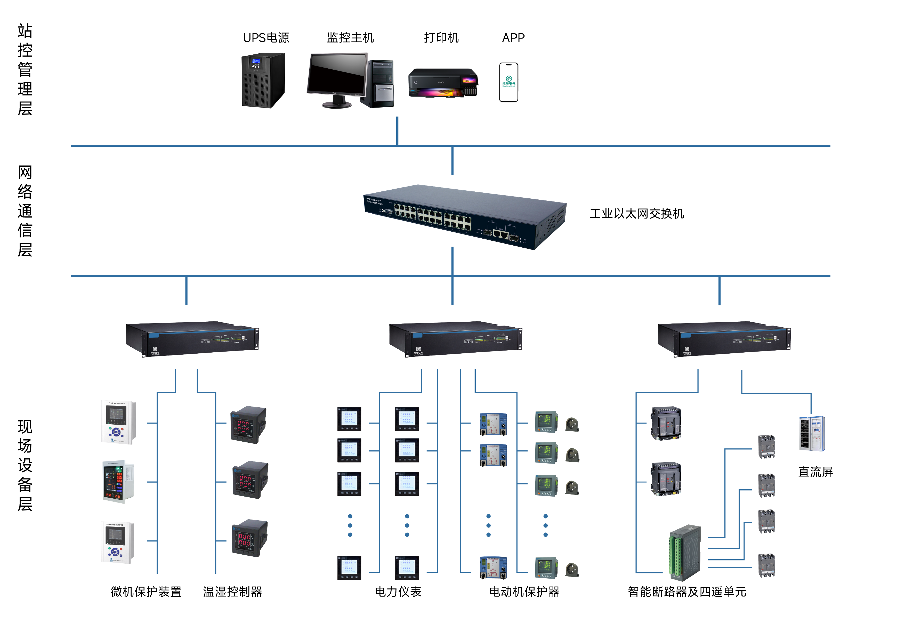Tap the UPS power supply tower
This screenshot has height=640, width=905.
[x=263, y=80]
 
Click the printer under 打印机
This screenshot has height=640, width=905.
[x=443, y=83]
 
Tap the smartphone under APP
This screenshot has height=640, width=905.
[x=508, y=82]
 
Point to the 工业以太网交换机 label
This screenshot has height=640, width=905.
[x=637, y=214]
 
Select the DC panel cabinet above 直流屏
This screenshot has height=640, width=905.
[x=812, y=433]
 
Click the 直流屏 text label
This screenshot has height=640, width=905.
[x=815, y=472]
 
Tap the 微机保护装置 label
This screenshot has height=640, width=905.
[x=146, y=592]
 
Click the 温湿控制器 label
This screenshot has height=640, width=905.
[x=232, y=592]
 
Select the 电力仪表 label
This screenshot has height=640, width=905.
[x=398, y=592]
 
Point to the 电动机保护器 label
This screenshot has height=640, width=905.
[x=524, y=592]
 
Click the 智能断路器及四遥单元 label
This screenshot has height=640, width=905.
[x=687, y=592]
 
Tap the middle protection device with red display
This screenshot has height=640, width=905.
[x=118, y=482]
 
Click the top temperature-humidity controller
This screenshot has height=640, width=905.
[x=248, y=425]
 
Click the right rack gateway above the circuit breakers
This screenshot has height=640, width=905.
[x=724, y=339]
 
